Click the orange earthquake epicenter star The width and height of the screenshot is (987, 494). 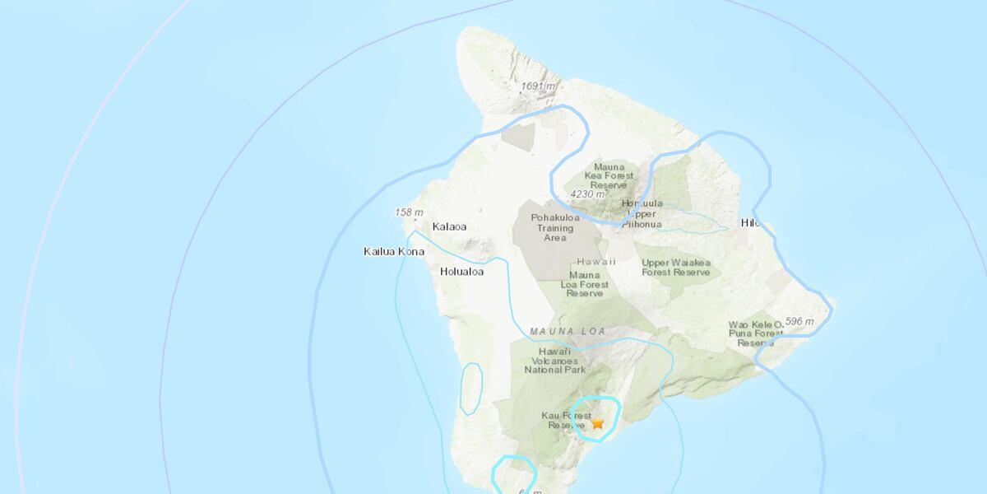(x=598, y=422)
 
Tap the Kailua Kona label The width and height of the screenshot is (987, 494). (x=394, y=251)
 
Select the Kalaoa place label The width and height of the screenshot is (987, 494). (x=449, y=226)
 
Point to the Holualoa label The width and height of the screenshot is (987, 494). (x=461, y=271)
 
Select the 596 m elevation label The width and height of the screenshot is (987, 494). (x=799, y=321)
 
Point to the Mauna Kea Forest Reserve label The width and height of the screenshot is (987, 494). (x=609, y=176)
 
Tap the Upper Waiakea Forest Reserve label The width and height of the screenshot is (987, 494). (x=676, y=267)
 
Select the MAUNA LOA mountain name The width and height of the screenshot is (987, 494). (x=568, y=331)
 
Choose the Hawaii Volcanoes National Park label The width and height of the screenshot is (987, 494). (x=551, y=361)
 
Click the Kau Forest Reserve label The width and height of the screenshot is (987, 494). (x=565, y=420)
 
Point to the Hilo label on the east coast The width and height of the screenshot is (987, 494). (x=748, y=223)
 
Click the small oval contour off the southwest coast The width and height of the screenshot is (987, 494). (x=471, y=389)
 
